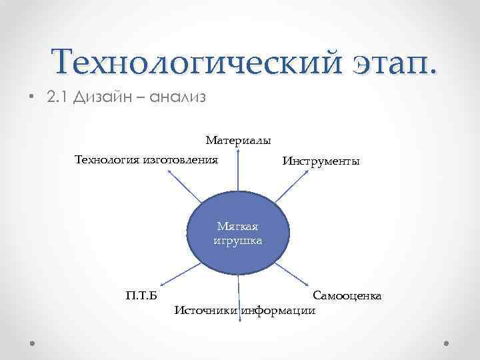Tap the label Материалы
(x=238, y=141)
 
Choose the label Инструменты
(x=321, y=161)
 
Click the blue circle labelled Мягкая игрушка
(x=237, y=232)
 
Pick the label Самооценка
(x=347, y=295)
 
